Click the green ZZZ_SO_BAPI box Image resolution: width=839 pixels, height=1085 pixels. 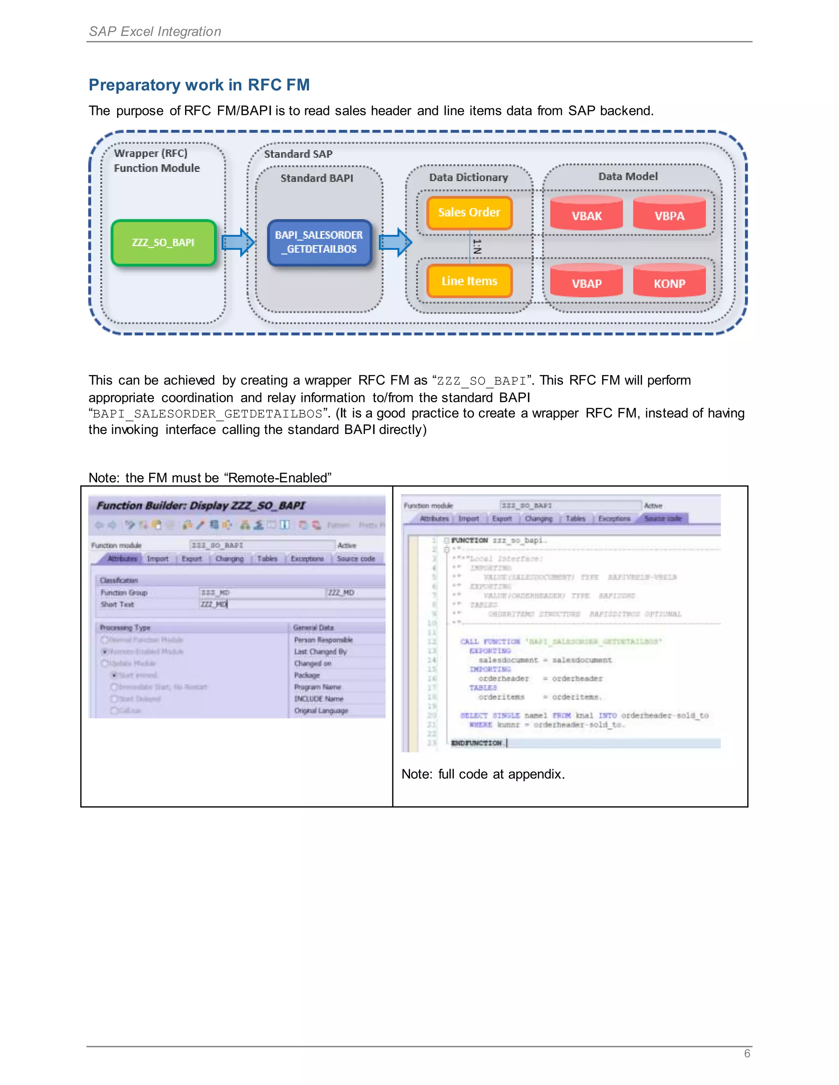[x=163, y=243]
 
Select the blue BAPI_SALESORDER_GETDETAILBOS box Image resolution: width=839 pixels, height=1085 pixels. [x=319, y=242]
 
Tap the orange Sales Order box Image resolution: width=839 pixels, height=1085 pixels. [x=469, y=212]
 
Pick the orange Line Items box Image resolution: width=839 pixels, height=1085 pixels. [x=469, y=281]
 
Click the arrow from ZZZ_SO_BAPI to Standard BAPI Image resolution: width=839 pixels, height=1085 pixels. [x=238, y=243]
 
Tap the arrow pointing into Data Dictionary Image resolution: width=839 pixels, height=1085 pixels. [x=396, y=243]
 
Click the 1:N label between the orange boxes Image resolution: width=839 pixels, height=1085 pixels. [x=477, y=247]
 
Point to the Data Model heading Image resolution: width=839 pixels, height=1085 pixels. [x=628, y=176]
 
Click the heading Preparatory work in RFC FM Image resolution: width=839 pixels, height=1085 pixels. [x=199, y=85]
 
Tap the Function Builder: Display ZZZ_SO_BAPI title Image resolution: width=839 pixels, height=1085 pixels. [x=200, y=506]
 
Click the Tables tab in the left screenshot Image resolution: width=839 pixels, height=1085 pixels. [x=267, y=559]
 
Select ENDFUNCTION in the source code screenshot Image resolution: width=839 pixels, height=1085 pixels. [x=476, y=743]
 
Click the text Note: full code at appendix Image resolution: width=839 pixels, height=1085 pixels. [x=483, y=774]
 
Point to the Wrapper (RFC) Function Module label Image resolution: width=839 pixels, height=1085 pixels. [x=156, y=160]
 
